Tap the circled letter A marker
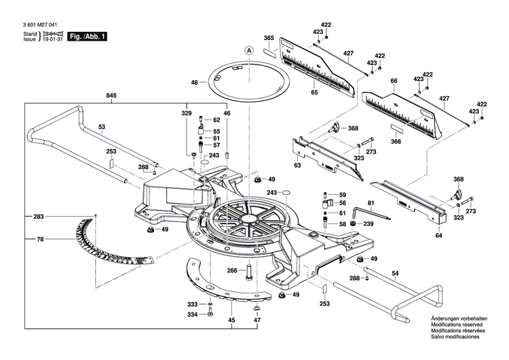click(x=249, y=50)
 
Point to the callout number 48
click(x=194, y=82)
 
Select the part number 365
click(x=269, y=37)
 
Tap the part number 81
click(x=371, y=203)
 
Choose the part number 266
click(x=232, y=271)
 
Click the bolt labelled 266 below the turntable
click(x=249, y=272)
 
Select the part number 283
click(x=38, y=217)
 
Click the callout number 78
click(x=40, y=239)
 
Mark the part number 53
click(x=102, y=127)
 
